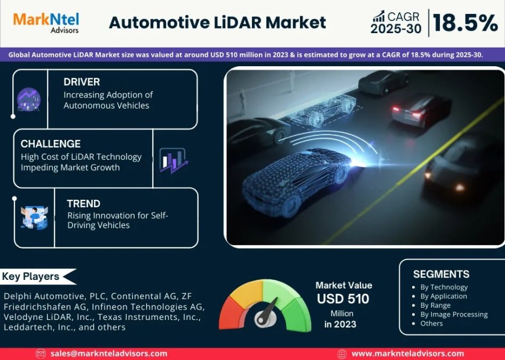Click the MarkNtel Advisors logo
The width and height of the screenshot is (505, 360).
(46, 22)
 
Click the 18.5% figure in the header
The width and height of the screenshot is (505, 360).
(465, 23)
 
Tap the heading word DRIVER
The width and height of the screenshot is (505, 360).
(82, 82)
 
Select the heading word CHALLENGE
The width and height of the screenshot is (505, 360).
(50, 143)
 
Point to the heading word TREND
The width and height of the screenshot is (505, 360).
(84, 203)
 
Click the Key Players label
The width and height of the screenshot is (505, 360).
(31, 276)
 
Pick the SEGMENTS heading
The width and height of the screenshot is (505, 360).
(441, 274)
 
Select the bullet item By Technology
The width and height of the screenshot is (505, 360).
(444, 287)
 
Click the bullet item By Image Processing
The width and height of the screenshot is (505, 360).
(454, 314)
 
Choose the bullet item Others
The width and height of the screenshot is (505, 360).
(432, 323)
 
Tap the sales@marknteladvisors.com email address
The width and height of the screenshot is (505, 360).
(109, 353)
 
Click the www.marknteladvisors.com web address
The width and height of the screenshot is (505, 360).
(407, 353)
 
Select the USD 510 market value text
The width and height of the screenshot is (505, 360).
(343, 299)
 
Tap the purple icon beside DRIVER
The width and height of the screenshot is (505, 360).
(28, 99)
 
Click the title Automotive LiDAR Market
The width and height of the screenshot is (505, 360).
(218, 23)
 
